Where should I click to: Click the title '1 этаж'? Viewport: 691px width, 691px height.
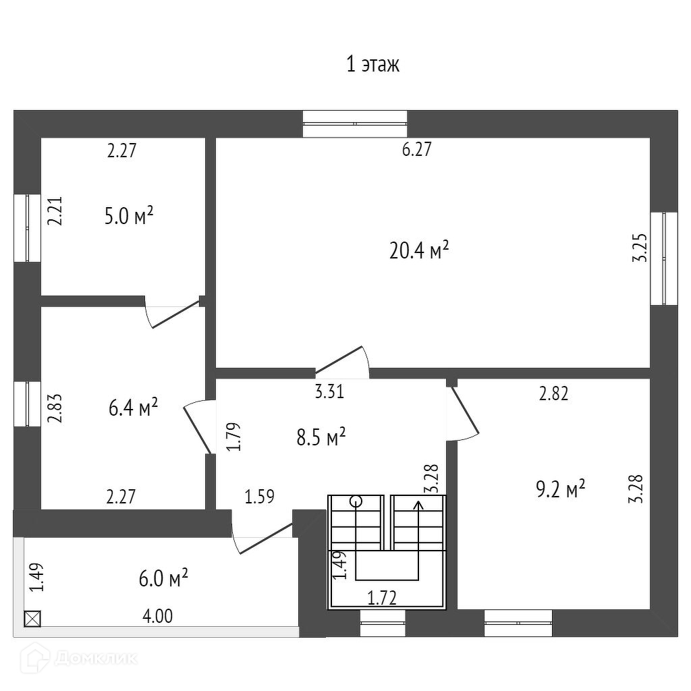pyautogui.click(x=372, y=65)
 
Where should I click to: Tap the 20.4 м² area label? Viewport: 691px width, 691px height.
pyautogui.click(x=419, y=251)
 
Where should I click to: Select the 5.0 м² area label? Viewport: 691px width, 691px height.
pyautogui.click(x=130, y=217)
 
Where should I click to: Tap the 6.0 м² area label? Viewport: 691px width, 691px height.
pyautogui.click(x=163, y=578)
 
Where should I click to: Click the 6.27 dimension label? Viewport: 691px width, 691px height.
pyautogui.click(x=416, y=150)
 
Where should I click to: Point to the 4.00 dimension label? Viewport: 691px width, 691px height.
pyautogui.click(x=157, y=616)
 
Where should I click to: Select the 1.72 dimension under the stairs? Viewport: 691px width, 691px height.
pyautogui.click(x=382, y=597)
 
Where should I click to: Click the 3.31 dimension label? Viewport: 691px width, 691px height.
pyautogui.click(x=329, y=391)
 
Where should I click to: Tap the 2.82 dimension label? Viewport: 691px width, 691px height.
pyautogui.click(x=553, y=395)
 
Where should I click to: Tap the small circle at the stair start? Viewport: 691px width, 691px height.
pyautogui.click(x=356, y=501)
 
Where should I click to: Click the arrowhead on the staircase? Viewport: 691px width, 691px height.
pyautogui.click(x=418, y=503)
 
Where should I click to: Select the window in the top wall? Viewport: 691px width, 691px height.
pyautogui.click(x=355, y=123)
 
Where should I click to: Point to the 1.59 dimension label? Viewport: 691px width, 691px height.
pyautogui.click(x=260, y=498)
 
